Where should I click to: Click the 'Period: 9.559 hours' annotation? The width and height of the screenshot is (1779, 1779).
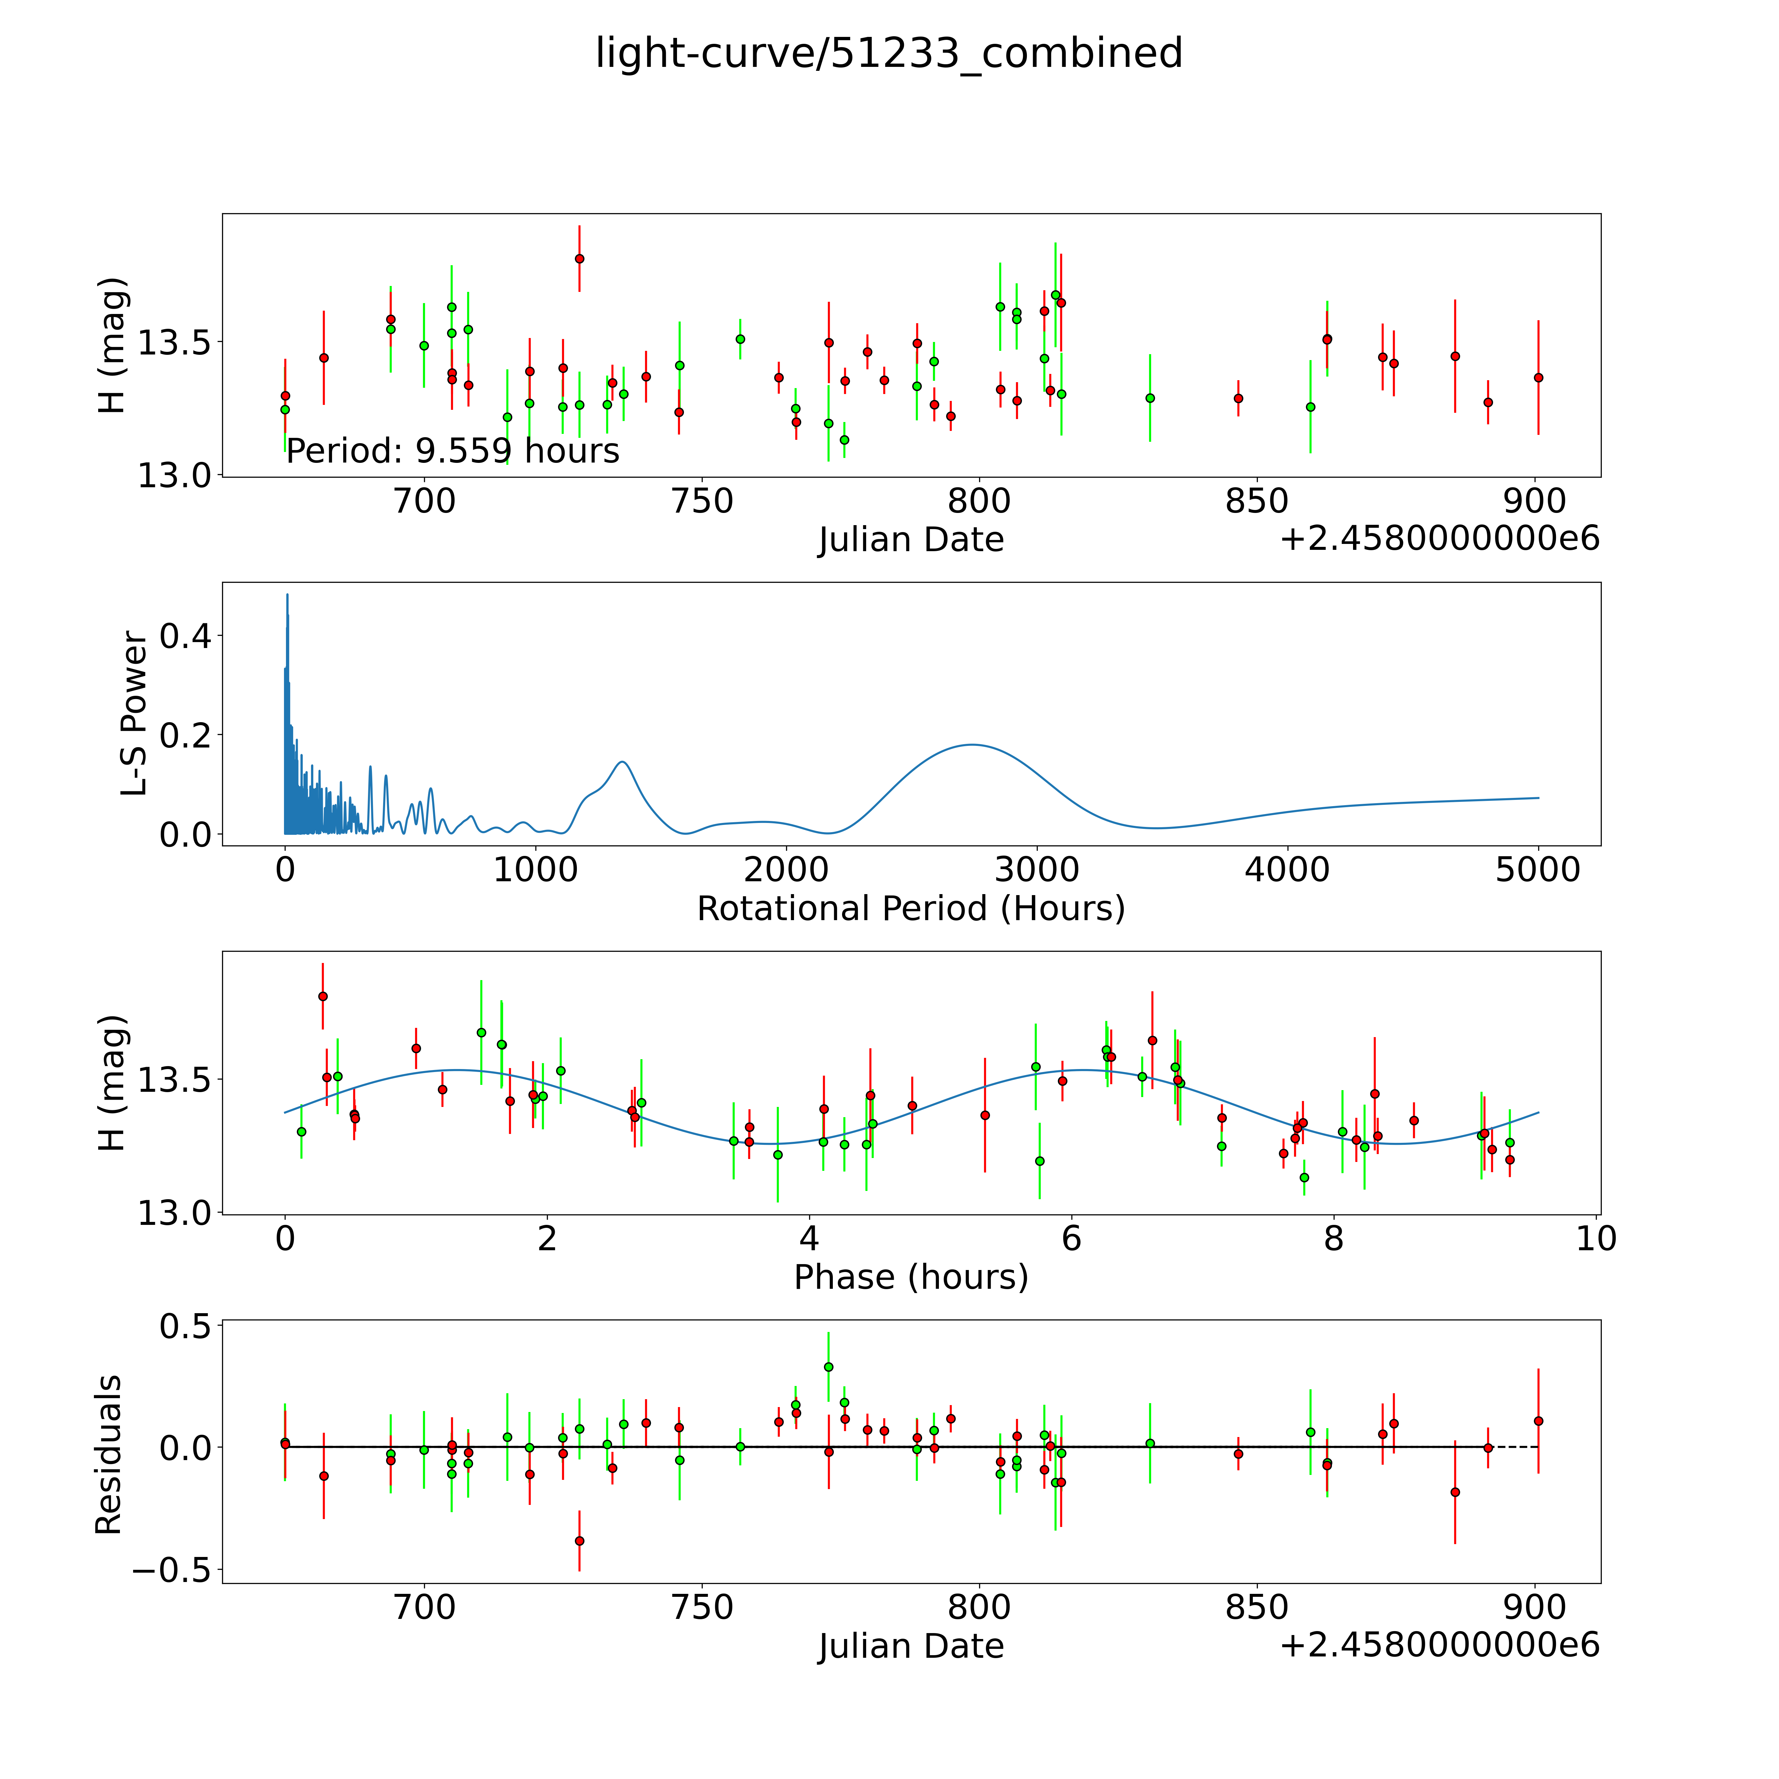coord(452,451)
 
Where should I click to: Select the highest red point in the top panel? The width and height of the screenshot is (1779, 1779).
coord(579,259)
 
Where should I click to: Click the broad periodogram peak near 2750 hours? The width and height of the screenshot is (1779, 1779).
coord(973,744)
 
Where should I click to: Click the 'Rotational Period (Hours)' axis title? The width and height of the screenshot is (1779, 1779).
coord(911,909)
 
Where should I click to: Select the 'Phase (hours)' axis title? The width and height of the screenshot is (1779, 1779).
coord(911,1277)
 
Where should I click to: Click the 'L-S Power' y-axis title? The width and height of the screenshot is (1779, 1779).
coord(134,714)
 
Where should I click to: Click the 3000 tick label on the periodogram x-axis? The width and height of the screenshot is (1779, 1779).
coord(1037,869)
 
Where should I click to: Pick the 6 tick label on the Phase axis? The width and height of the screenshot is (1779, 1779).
coord(1071,1238)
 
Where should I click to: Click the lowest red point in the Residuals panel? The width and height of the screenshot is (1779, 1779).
coord(579,1540)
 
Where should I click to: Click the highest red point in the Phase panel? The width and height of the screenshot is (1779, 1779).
coord(322,996)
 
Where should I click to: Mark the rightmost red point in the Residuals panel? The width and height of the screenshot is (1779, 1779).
coord(1538,1421)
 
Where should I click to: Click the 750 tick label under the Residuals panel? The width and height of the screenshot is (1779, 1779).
coord(703,1608)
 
